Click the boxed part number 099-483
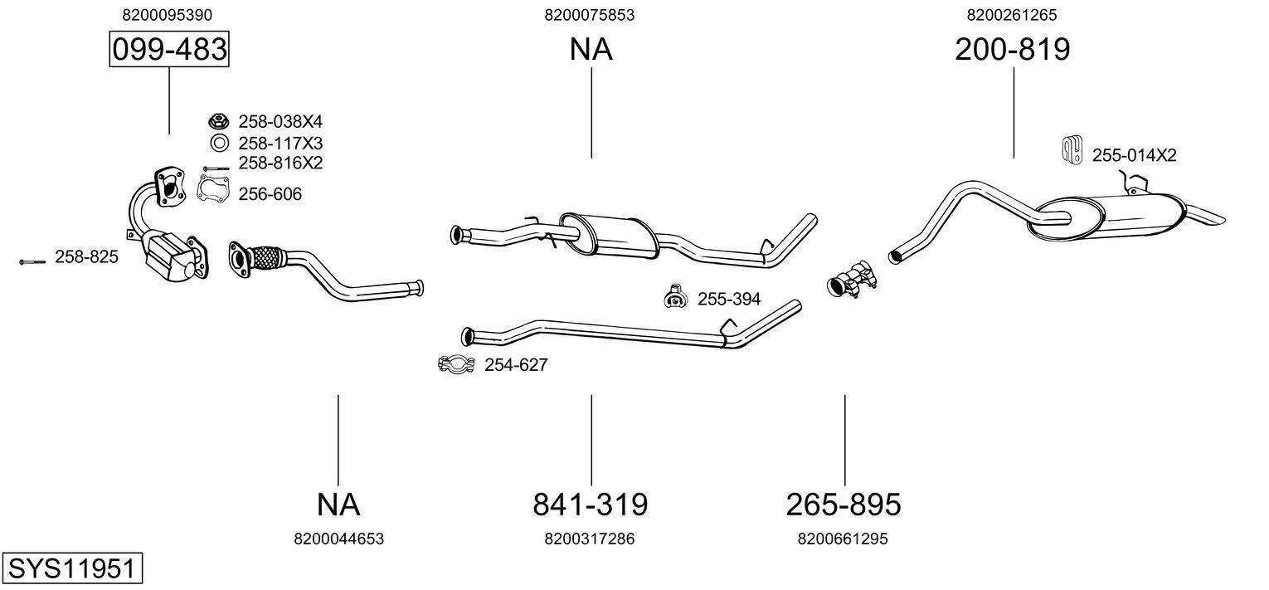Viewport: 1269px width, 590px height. (169, 50)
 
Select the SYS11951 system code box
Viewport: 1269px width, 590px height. (71, 569)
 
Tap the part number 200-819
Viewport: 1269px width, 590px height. (1012, 50)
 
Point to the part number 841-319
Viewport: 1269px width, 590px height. (590, 504)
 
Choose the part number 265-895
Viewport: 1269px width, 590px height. (844, 504)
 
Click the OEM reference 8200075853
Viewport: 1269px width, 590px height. (590, 14)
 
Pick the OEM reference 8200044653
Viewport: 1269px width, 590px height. (338, 539)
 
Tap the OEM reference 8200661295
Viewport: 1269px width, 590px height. (843, 539)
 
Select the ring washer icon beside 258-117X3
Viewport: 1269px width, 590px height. (219, 143)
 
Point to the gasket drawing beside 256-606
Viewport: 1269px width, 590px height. (213, 189)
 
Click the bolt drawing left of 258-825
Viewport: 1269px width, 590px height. (32, 261)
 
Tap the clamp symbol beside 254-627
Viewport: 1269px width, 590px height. (455, 363)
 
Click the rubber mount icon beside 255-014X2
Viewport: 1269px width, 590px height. (1072, 149)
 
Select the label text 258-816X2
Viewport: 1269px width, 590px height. (280, 163)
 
